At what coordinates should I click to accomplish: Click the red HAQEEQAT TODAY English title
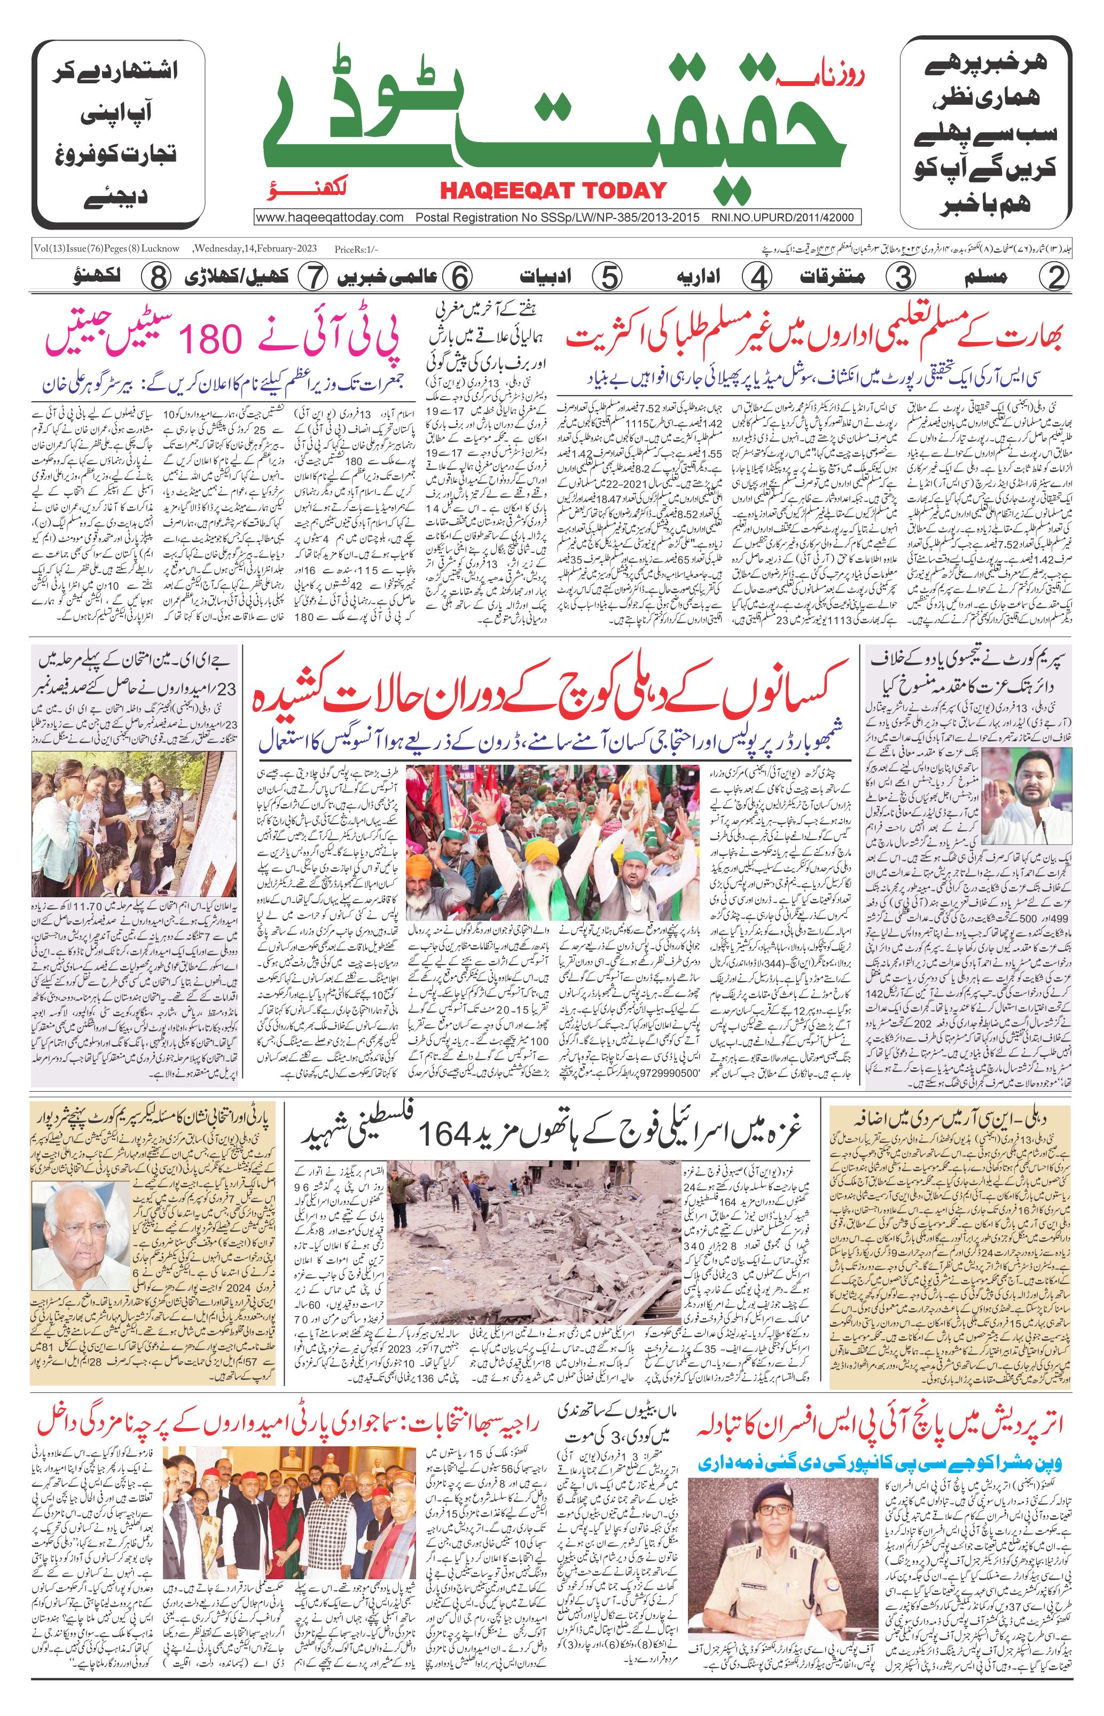pos(553,190)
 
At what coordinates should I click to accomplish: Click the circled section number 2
pos(1055,277)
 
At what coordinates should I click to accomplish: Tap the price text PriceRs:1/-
pos(356,249)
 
